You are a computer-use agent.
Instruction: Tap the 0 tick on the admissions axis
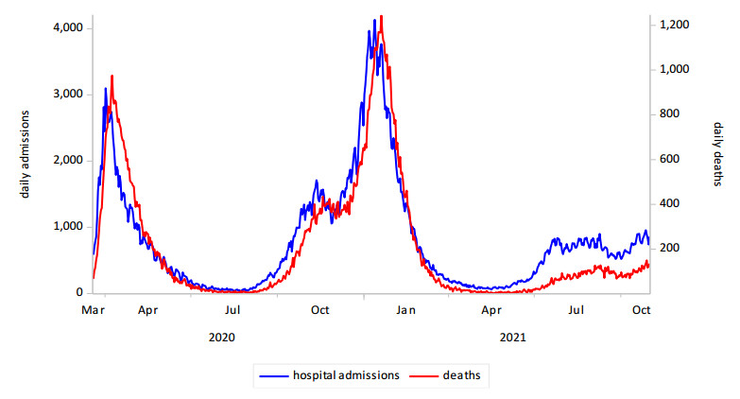[x=80, y=293]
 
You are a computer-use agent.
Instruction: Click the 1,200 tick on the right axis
[x=676, y=25]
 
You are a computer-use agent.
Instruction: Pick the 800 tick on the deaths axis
[x=671, y=114]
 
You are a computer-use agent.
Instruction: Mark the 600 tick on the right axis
[x=671, y=159]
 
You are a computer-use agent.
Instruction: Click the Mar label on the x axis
[x=94, y=310]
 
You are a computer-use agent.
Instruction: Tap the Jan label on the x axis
[x=406, y=310]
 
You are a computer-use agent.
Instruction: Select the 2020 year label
[x=222, y=337]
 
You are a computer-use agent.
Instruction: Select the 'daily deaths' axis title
[x=717, y=154]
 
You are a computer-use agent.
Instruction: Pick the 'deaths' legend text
[x=462, y=375]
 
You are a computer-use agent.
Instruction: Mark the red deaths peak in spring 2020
[x=112, y=76]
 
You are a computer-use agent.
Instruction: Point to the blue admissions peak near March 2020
[x=105, y=89]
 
